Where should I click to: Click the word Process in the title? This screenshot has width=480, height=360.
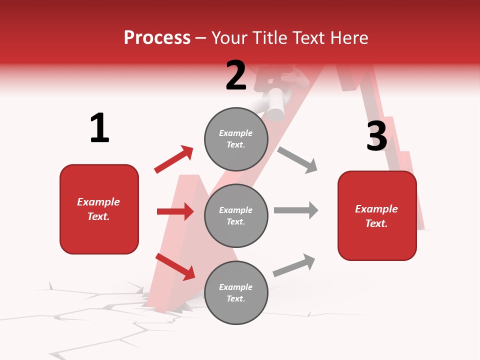[157, 38]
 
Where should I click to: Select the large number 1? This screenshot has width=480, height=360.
[99, 128]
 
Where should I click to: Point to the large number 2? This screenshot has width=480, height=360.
[236, 75]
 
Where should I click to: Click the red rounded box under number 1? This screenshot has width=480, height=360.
[99, 209]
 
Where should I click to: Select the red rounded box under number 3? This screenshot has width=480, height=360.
[377, 215]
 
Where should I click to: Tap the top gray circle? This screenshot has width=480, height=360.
[236, 139]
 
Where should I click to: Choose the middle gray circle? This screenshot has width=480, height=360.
[236, 215]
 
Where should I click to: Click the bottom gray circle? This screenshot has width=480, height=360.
[236, 292]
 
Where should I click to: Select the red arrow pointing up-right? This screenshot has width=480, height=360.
[174, 159]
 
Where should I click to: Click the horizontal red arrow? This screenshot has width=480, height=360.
[175, 211]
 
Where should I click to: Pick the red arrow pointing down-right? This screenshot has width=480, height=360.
[175, 266]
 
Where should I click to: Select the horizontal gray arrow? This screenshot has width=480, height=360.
[296, 210]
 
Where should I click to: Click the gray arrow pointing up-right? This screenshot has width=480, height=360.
[294, 265]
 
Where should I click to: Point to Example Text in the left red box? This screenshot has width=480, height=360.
[98, 209]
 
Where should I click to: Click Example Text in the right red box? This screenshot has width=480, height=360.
[376, 216]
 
